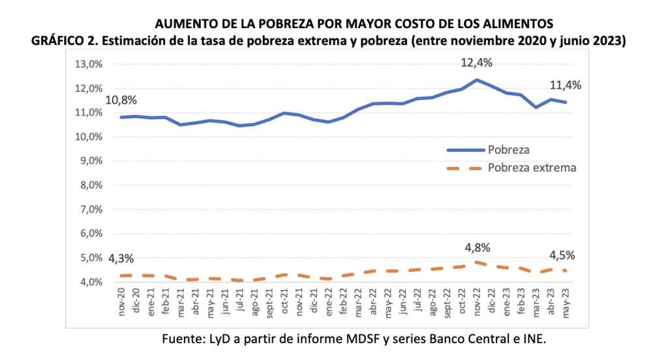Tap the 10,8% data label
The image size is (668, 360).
pyautogui.click(x=121, y=101)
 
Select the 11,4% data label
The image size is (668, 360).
pyautogui.click(x=565, y=85)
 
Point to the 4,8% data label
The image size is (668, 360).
pyautogui.click(x=478, y=248)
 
